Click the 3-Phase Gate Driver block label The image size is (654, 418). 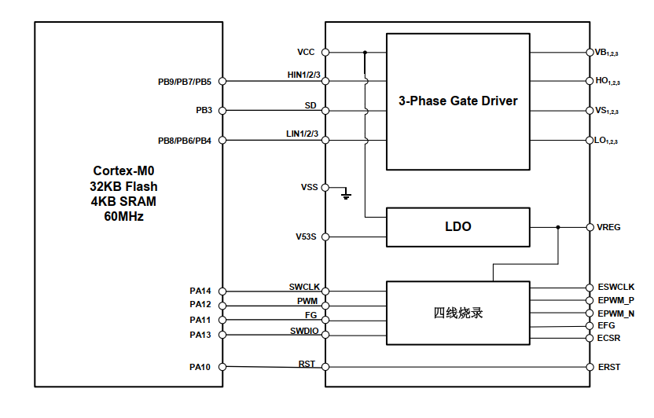coord(457,101)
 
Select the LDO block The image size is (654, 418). coord(457,226)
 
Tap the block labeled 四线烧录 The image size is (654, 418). coord(457,312)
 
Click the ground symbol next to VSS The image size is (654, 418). coord(347,193)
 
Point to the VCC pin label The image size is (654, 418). coord(306,53)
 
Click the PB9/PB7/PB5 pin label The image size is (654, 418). coord(184,81)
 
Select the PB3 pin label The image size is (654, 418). coord(204,111)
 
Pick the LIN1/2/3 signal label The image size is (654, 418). coord(303,134)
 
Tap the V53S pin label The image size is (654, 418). coord(306,236)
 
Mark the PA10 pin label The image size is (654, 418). coord(200,367)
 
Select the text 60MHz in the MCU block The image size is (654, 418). coord(123,216)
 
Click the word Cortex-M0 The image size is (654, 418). coord(123,170)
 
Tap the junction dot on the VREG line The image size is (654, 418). coord(558,227)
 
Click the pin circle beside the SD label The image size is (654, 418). coord(325,111)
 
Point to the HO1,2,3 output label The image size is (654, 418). coord(608,82)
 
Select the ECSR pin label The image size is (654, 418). coord(608,339)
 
